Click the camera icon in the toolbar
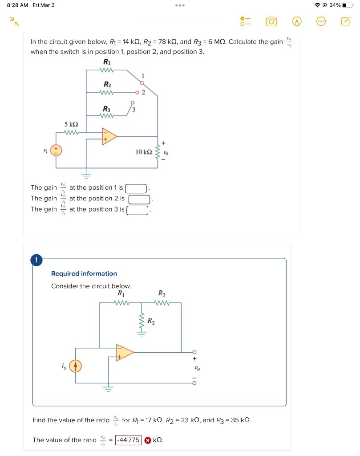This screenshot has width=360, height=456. pos(271,21)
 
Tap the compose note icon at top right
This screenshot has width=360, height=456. pos(345,21)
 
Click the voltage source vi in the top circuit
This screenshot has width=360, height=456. pos(56,150)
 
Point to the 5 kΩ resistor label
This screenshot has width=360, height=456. pos(72,125)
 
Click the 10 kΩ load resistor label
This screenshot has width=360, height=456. pos(143,152)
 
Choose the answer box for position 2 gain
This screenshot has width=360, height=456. pos(138,199)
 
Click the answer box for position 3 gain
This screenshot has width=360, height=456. pos(138,209)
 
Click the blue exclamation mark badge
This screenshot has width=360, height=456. pos(36,260)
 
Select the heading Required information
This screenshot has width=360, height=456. pos(84,273)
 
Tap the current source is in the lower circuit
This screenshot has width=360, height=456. pos(75,366)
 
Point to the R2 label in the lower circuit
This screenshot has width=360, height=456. pos(151,321)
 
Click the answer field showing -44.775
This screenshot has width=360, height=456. pos(128,440)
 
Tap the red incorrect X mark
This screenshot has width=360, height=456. pos(147,440)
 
